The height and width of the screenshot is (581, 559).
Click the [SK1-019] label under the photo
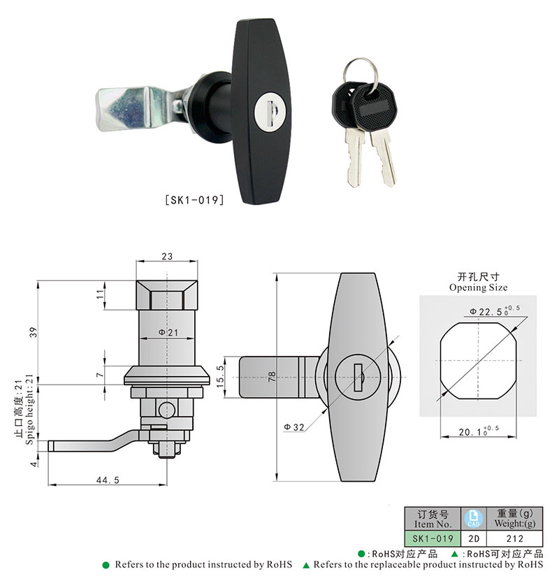tap(194, 200)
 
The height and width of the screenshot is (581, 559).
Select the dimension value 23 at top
tap(167, 257)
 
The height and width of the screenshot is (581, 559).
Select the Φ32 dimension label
tap(293, 426)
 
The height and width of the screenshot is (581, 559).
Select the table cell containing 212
tap(514, 539)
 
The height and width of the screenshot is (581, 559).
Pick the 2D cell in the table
tap(474, 539)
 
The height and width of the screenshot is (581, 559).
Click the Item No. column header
tap(433, 518)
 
